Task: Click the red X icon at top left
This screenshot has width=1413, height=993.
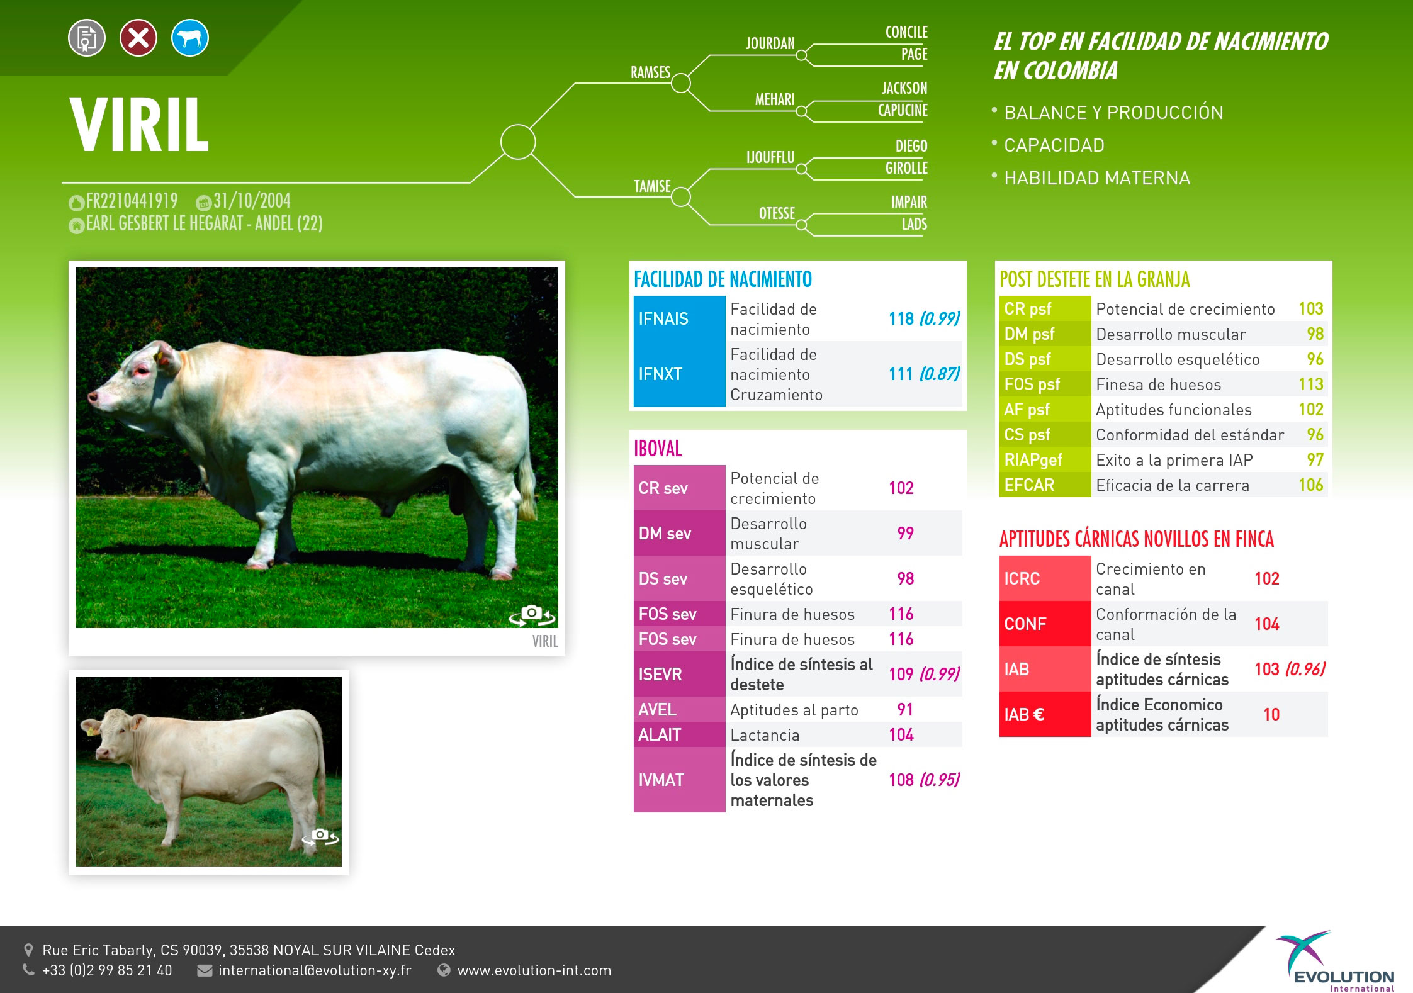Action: pyautogui.click(x=138, y=38)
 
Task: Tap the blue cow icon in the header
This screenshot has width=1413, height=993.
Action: pyautogui.click(x=190, y=38)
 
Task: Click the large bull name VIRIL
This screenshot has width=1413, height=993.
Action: pyautogui.click(x=139, y=125)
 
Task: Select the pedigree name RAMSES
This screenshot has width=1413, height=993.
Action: pyautogui.click(x=650, y=72)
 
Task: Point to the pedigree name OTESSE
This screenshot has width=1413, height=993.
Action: pyautogui.click(x=777, y=213)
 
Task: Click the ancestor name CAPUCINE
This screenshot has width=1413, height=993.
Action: pyautogui.click(x=903, y=110)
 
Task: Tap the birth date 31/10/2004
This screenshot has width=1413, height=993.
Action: pyautogui.click(x=252, y=201)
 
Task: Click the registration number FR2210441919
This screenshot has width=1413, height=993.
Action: pyautogui.click(x=132, y=201)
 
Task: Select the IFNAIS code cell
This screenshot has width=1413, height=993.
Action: pyautogui.click(x=679, y=318)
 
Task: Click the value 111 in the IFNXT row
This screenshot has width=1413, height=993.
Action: pyautogui.click(x=901, y=374)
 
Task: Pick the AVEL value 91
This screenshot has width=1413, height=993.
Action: pyautogui.click(x=905, y=709)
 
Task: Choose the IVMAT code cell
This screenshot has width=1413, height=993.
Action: pyautogui.click(x=679, y=780)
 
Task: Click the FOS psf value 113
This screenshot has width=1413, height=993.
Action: pyautogui.click(x=1311, y=384)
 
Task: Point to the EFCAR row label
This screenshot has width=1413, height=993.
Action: pyautogui.click(x=1029, y=485)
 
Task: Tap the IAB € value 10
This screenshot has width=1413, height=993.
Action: pyautogui.click(x=1271, y=714)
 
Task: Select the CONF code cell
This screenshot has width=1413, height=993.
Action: pyautogui.click(x=1045, y=624)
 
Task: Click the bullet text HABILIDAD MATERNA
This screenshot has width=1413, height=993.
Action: pyautogui.click(x=1097, y=178)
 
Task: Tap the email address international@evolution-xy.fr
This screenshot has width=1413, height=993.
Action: pyautogui.click(x=315, y=970)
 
